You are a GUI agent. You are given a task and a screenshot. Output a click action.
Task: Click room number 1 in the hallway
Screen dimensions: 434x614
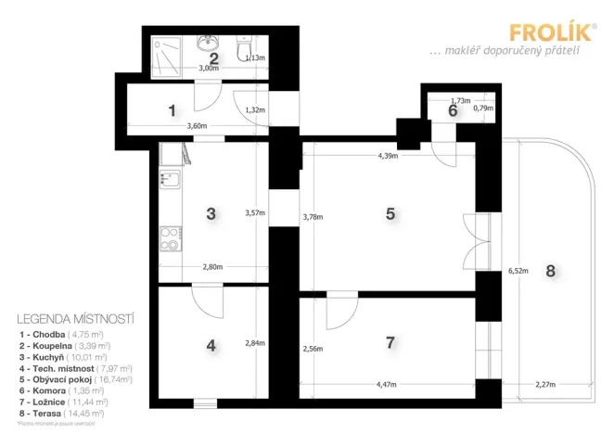pyautogui.click(x=173, y=110)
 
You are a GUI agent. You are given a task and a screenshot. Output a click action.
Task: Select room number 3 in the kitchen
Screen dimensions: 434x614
pyautogui.click(x=211, y=213)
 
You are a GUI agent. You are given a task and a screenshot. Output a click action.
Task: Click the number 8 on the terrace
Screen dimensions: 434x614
pyautogui.click(x=551, y=271)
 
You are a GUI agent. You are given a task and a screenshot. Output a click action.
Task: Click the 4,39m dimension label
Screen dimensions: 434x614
pyautogui.click(x=388, y=156)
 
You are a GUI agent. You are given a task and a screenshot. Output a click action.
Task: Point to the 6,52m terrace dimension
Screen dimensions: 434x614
pyautogui.click(x=518, y=272)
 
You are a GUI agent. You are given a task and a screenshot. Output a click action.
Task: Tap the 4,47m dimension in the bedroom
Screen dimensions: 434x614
pyautogui.click(x=389, y=383)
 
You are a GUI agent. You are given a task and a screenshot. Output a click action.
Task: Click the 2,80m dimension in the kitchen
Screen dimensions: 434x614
pyautogui.click(x=213, y=269)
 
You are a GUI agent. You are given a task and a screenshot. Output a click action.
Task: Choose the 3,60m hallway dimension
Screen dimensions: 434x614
pyautogui.click(x=196, y=125)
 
